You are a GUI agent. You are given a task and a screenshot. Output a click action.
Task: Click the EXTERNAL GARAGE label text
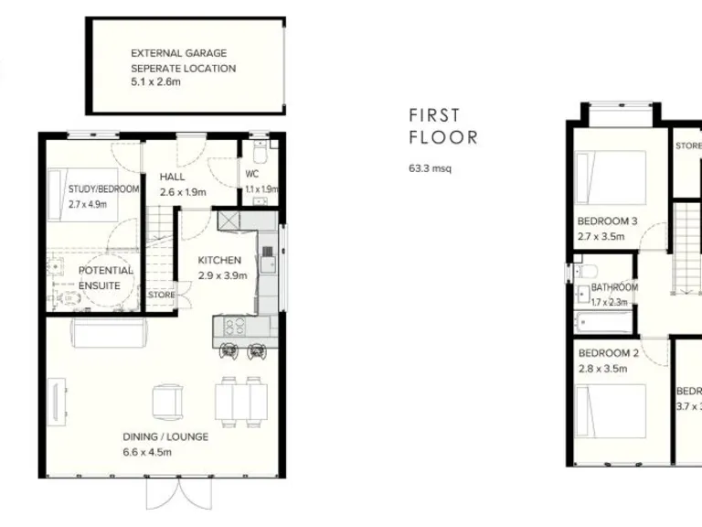[x=178, y=54]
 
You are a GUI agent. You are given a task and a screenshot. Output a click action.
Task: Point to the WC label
[x=253, y=174]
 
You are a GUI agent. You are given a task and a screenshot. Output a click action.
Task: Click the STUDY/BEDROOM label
[x=103, y=189]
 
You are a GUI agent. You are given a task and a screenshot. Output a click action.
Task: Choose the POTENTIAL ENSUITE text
[x=105, y=277]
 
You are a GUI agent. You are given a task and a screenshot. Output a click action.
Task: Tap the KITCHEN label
[x=219, y=260]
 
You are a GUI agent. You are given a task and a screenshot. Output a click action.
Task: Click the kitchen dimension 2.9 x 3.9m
[x=223, y=275]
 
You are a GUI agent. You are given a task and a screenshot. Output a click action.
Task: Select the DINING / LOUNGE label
[x=165, y=436]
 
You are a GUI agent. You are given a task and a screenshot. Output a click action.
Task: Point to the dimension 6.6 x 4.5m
[x=147, y=452]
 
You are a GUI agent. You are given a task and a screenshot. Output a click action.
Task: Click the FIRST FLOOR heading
[x=442, y=126]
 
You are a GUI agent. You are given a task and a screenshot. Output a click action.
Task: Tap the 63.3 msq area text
[x=430, y=167]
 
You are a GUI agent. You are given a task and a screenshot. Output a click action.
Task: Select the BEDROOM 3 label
[x=607, y=220]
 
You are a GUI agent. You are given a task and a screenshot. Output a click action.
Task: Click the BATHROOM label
[x=614, y=287]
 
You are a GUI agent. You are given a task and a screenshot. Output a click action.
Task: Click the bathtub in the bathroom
[x=603, y=321]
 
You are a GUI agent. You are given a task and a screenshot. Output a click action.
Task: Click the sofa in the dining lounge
[x=108, y=336]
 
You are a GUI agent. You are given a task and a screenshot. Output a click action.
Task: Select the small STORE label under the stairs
[x=161, y=295]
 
